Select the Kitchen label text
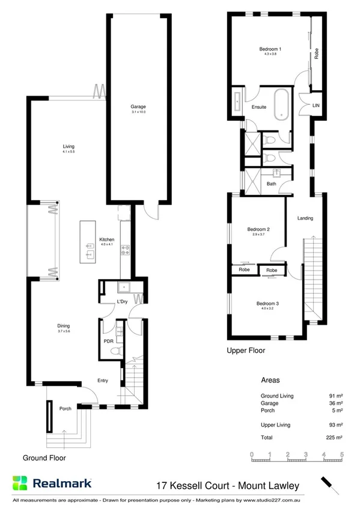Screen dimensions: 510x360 tap(107, 239)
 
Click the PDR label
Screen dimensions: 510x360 tap(109, 340)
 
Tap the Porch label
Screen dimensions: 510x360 tap(65, 409)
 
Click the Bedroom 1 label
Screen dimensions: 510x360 tap(270, 49)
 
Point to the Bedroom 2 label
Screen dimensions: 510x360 tap(258, 229)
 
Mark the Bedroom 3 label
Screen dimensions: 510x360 tap(267, 304)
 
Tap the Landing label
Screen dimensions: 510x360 tap(305, 218)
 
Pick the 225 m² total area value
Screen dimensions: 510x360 tap(335, 437)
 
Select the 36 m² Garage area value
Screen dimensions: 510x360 tap(336, 403)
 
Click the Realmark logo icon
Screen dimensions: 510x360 tap(20, 483)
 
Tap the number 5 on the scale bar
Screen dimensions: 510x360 tap(341, 454)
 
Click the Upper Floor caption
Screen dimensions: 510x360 tap(245, 350)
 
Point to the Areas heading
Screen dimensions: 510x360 tap(270, 381)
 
